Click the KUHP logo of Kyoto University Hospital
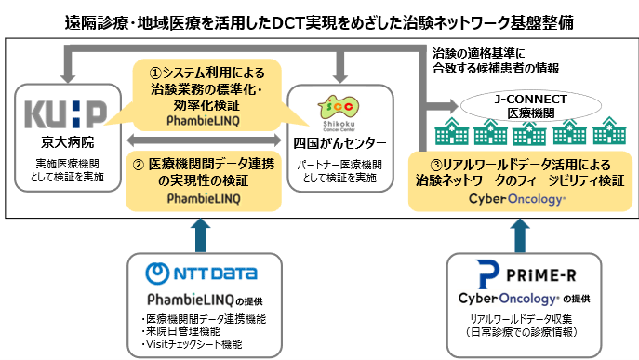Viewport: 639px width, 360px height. [x=65, y=113]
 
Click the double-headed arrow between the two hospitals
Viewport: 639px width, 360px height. [x=199, y=140]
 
